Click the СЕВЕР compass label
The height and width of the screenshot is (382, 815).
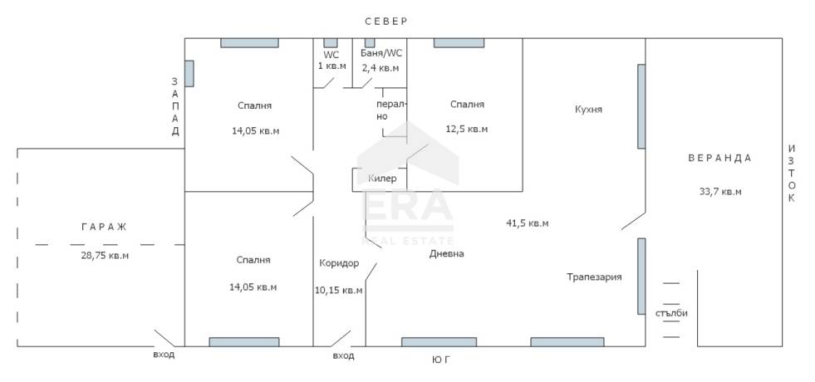coord(386,22)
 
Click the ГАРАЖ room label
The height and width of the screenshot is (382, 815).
coord(104,227)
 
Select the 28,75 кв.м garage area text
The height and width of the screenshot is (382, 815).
coord(105,256)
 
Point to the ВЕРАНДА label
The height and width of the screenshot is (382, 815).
coord(720,158)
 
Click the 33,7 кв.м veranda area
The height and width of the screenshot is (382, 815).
coord(720,191)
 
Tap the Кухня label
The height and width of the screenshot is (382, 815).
coord(588,109)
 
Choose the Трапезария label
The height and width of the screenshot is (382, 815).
coord(594,277)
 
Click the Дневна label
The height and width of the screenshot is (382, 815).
coord(446,253)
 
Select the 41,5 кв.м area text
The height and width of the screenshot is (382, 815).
coord(528,223)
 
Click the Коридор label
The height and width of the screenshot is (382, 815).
coord(339,263)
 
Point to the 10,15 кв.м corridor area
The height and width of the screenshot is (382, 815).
coord(339,290)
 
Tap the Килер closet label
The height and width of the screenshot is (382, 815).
coord(382,179)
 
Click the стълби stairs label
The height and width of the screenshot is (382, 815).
coord(671,313)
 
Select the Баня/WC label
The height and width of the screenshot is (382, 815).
coord(381,53)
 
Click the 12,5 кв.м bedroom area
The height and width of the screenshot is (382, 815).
coord(467,129)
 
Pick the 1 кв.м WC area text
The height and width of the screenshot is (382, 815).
coord(331,66)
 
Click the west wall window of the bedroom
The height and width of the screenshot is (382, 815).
coord(189,73)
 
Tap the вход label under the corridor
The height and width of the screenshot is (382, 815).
coord(344,356)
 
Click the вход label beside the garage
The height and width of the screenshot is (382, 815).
coord(164,355)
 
